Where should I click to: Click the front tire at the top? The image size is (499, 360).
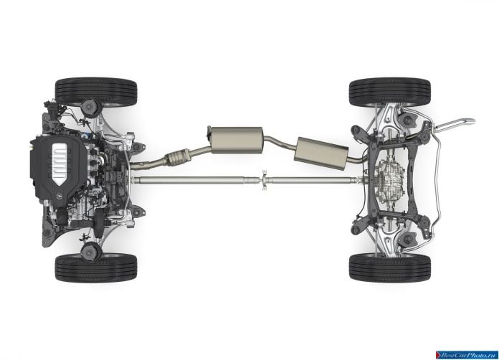click(x=96, y=92)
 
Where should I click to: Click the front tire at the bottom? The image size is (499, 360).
click(x=96, y=268)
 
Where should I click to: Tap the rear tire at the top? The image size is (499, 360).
click(x=390, y=92)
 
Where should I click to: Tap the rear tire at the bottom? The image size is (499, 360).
click(x=390, y=268)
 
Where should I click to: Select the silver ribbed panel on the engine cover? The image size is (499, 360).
click(x=60, y=164)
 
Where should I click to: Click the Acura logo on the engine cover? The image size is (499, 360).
click(x=60, y=196)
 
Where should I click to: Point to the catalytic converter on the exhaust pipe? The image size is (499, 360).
click(x=176, y=157)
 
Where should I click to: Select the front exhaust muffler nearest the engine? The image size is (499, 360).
click(x=236, y=140)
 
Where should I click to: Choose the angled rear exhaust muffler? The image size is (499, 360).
click(x=320, y=153)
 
